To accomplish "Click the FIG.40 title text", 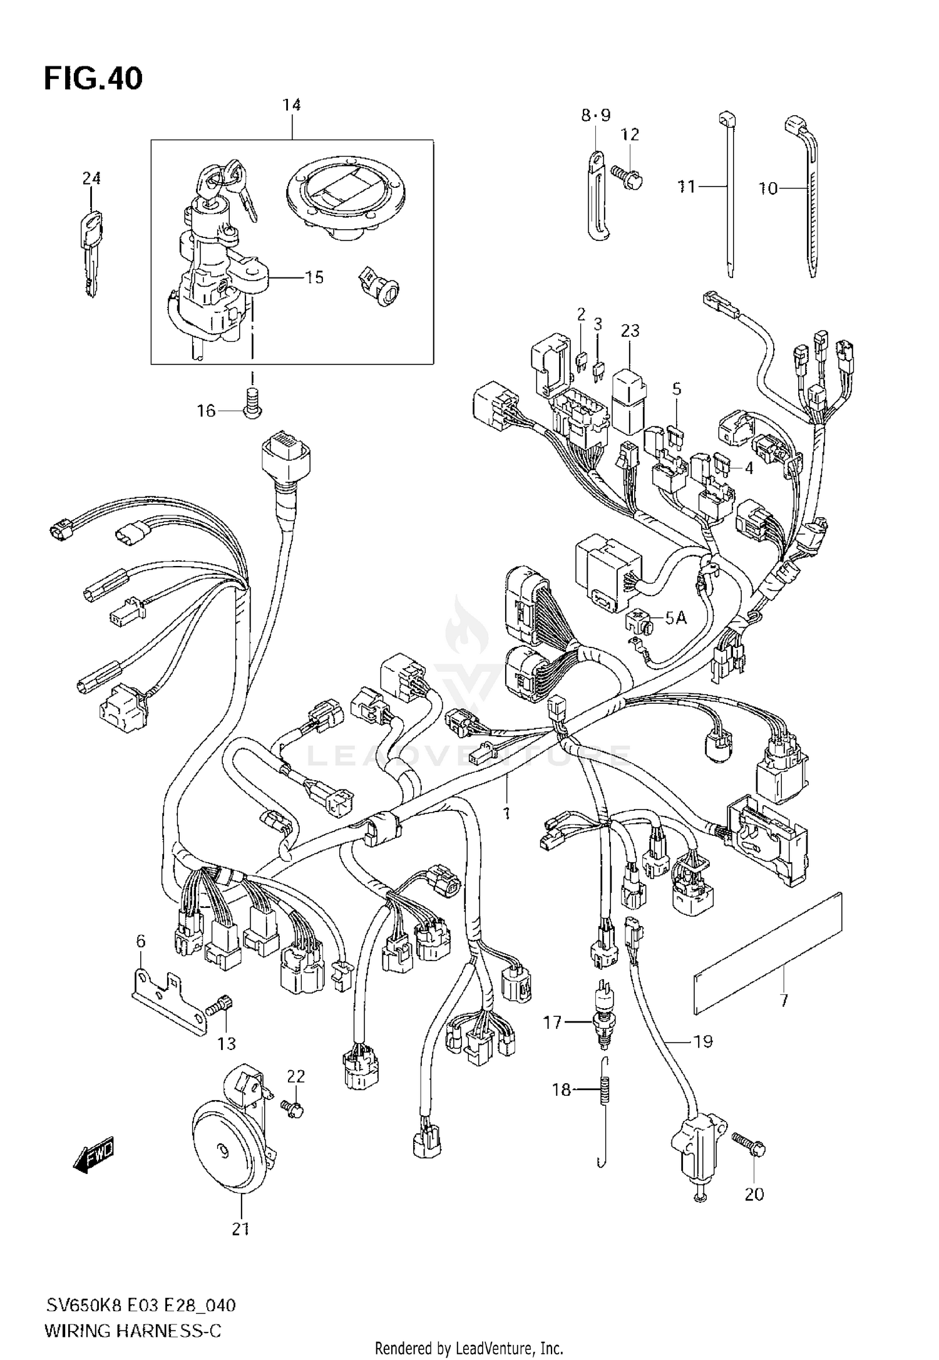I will tap(93, 79).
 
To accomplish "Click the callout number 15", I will tap(314, 277).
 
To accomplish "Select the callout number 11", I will tap(687, 186).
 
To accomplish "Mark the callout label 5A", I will tap(675, 619).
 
